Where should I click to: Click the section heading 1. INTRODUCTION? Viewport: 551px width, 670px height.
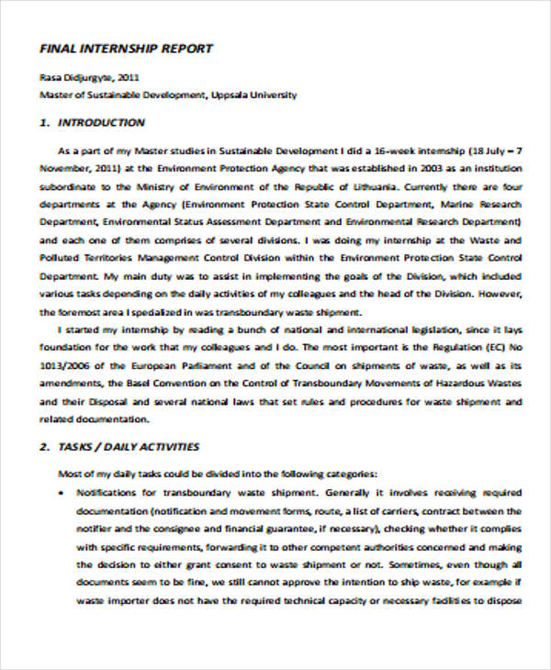92,122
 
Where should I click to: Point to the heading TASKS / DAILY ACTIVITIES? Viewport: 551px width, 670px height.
118,447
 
